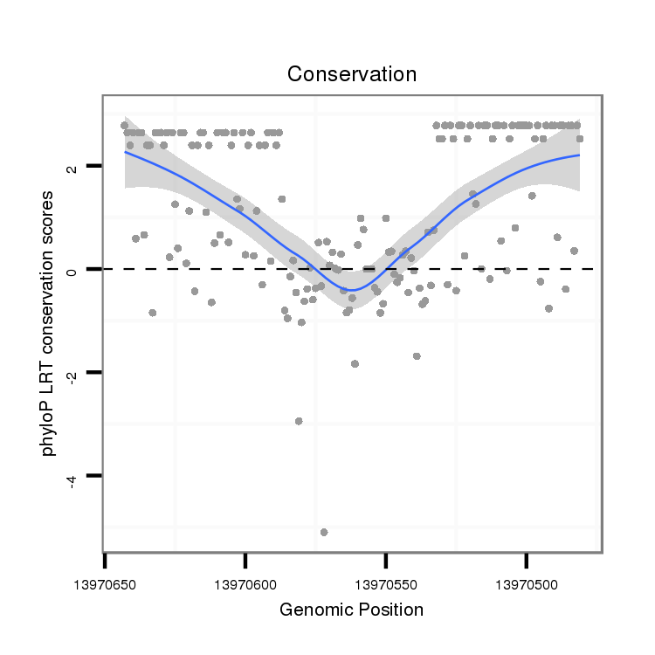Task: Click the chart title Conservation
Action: tap(352, 74)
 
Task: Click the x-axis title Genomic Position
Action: tap(351, 610)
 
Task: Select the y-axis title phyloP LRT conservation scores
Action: tap(49, 324)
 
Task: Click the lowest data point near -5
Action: tap(324, 532)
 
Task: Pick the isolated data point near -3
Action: tap(299, 421)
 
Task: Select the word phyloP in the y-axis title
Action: tap(49, 433)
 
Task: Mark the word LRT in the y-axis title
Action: tap(49, 380)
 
